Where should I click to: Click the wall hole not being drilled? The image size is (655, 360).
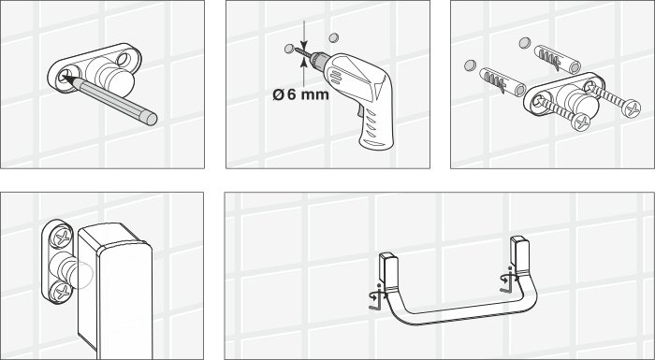[329, 38]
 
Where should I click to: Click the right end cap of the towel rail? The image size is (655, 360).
[518, 253]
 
